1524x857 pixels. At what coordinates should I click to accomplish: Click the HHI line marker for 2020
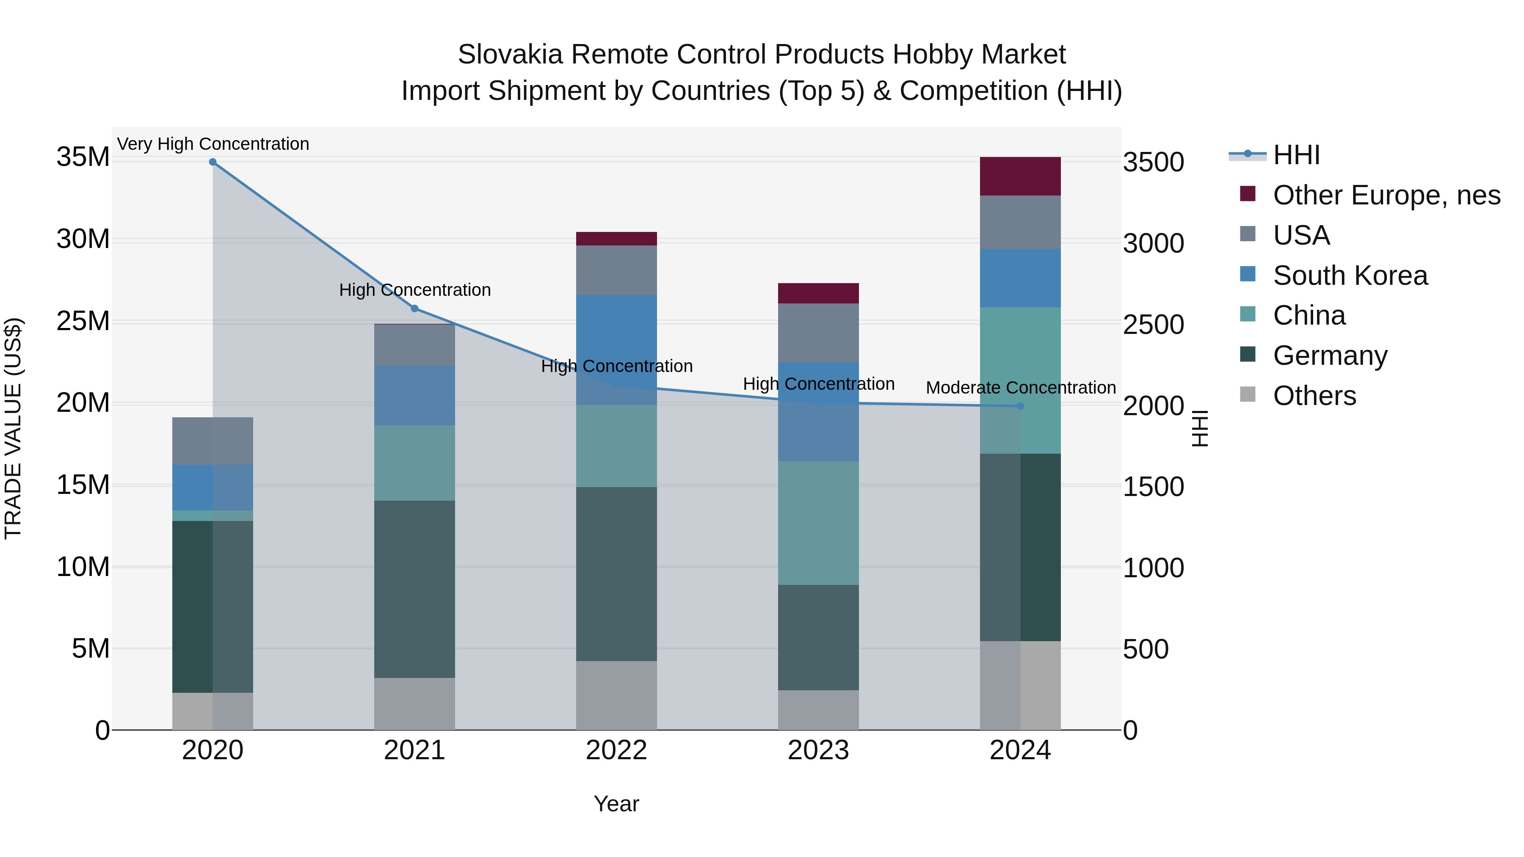point(213,162)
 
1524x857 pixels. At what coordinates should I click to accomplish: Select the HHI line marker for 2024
point(1020,406)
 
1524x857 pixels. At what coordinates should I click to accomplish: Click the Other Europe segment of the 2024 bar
point(1020,176)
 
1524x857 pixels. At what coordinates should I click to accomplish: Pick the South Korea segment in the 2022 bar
point(616,331)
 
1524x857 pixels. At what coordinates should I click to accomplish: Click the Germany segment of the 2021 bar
point(415,589)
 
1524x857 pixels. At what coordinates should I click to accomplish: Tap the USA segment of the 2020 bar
point(213,441)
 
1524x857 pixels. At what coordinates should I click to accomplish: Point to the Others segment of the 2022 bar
point(616,695)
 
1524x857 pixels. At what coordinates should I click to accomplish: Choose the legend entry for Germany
point(1330,356)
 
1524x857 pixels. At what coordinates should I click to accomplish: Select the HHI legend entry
point(1296,156)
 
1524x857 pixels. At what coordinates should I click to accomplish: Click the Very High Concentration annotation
point(213,144)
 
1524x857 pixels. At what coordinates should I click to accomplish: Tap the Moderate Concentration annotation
point(1021,388)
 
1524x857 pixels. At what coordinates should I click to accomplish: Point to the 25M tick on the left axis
point(83,322)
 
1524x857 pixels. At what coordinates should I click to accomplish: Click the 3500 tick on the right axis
point(1153,163)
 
